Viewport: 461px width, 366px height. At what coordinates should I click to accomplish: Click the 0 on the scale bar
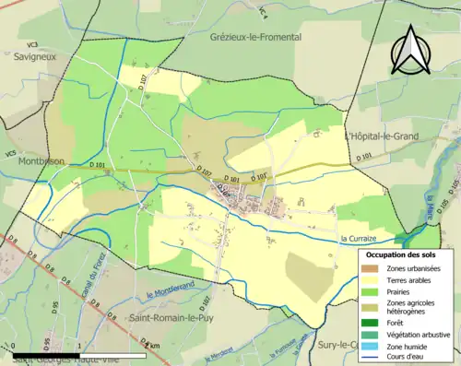(x=16, y=346)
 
